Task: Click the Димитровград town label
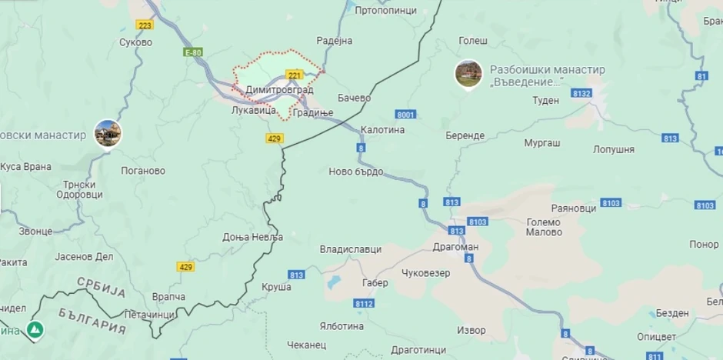click(x=278, y=90)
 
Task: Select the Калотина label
click(x=382, y=130)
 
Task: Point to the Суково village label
click(x=135, y=42)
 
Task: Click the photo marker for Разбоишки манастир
click(x=468, y=74)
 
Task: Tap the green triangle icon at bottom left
click(x=35, y=329)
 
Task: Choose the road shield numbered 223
click(x=145, y=25)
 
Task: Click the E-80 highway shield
click(x=193, y=52)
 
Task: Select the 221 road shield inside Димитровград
click(x=294, y=75)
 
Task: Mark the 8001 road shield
click(x=406, y=115)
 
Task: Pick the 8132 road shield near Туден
click(x=581, y=93)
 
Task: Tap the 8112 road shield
click(x=364, y=304)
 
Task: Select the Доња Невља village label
click(x=253, y=237)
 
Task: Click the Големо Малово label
click(x=544, y=227)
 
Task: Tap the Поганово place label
click(x=143, y=171)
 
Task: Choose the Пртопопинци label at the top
click(x=385, y=11)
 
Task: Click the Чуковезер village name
click(x=425, y=272)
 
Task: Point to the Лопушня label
click(x=614, y=149)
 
